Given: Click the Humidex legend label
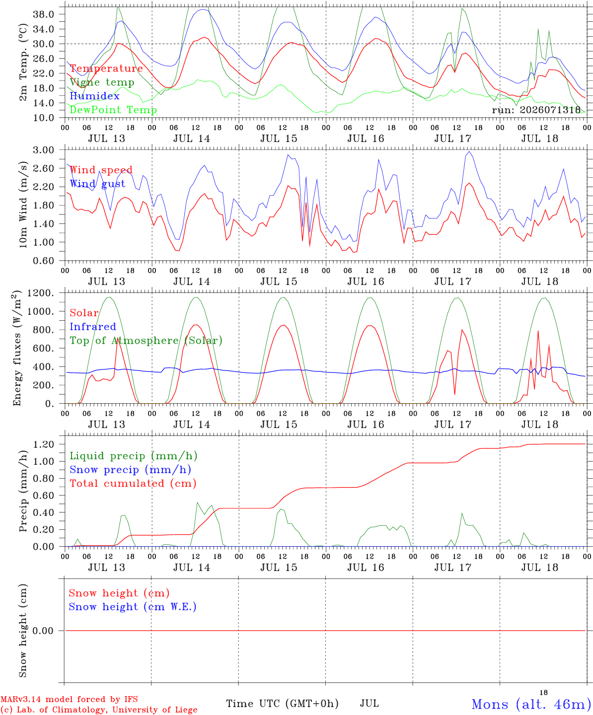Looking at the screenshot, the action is (94, 96).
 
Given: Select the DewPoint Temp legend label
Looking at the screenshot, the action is (113, 110).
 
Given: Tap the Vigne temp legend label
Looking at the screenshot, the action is (102, 82).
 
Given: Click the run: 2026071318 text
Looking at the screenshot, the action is (536, 110).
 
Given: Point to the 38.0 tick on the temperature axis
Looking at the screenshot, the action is (44, 14).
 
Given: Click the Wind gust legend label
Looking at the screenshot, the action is (98, 184).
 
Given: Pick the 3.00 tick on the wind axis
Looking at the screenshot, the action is (44, 150).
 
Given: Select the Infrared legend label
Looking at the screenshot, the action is (93, 327).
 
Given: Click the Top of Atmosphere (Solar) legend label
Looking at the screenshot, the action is (147, 341).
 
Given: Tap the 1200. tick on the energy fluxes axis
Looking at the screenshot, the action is (41, 293).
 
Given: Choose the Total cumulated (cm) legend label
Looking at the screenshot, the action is (133, 483).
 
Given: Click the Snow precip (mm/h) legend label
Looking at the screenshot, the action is (130, 470).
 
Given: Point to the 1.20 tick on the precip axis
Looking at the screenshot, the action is (44, 444).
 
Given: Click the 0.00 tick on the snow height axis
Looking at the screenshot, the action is (43, 631).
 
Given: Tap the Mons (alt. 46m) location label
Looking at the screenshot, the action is (528, 704).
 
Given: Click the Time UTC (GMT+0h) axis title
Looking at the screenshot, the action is (282, 704).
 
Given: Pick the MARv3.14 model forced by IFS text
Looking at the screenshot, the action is (69, 699).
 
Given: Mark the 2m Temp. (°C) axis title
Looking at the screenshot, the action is (23, 63).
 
